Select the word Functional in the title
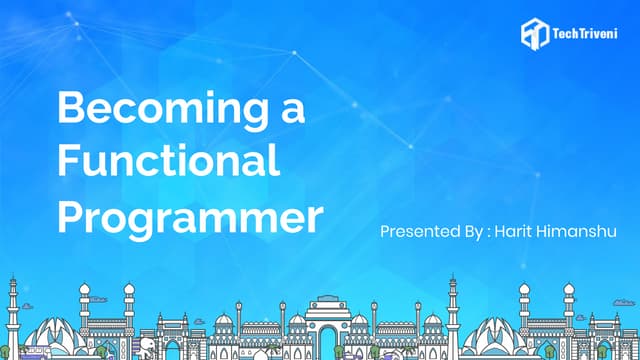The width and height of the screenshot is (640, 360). (168, 161)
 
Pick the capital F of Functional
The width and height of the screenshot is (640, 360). (68, 161)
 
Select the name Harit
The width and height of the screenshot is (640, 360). (518, 231)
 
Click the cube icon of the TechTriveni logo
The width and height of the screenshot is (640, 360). (533, 33)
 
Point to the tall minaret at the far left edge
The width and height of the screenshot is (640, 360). (13, 315)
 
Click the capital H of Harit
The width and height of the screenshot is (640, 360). (502, 231)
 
